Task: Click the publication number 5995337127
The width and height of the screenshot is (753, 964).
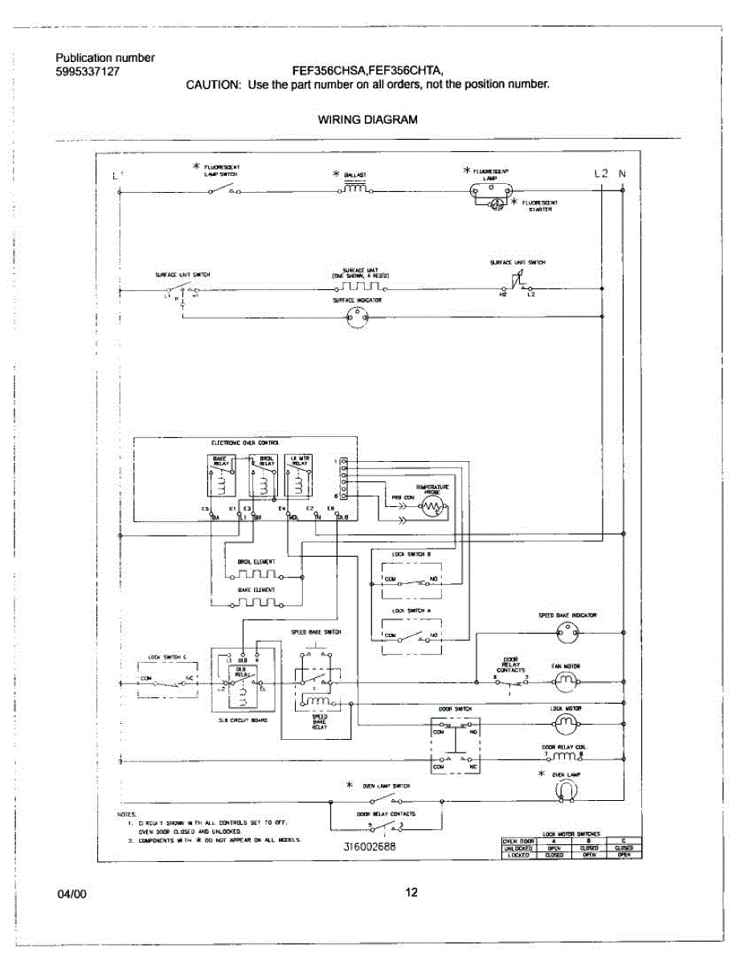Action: click(88, 71)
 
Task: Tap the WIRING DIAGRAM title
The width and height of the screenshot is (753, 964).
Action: click(367, 120)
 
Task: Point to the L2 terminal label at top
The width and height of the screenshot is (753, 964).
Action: click(602, 173)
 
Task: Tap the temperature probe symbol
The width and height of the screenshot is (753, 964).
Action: click(432, 507)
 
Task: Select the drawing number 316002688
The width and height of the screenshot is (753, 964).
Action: click(370, 847)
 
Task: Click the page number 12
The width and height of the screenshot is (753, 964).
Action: click(411, 893)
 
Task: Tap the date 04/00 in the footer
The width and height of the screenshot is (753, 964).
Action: click(71, 893)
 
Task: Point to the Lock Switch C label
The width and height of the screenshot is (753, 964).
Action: click(167, 657)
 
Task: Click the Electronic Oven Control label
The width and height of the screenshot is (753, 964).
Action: click(245, 443)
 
